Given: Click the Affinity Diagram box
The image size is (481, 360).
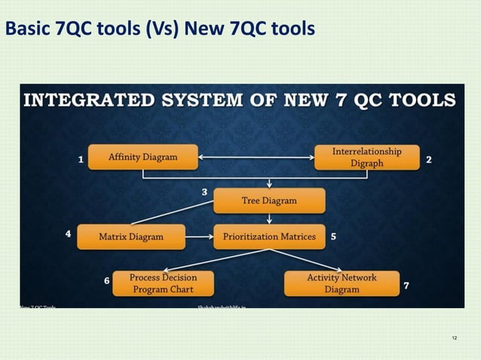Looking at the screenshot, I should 143,157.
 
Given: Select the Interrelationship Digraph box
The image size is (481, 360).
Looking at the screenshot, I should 366,157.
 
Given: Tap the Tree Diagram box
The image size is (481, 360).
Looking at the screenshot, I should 269,200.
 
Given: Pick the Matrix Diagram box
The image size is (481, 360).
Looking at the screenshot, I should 131,236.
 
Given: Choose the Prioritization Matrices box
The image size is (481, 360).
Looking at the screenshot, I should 269,236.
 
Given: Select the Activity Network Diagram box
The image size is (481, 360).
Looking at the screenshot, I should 342,283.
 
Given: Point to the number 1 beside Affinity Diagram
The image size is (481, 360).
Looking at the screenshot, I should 81,160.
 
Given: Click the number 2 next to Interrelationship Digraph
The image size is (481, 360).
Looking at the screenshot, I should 429,160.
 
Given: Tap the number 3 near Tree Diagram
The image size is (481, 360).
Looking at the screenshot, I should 204,192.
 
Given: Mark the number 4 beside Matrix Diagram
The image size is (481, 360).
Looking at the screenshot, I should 68,234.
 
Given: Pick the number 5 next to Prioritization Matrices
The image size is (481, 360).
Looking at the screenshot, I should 333,236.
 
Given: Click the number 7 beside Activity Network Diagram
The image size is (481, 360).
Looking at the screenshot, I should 406,285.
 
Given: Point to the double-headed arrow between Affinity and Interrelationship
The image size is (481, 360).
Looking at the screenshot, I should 256,157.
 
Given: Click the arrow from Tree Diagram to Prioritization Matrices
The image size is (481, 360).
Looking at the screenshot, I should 269,218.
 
